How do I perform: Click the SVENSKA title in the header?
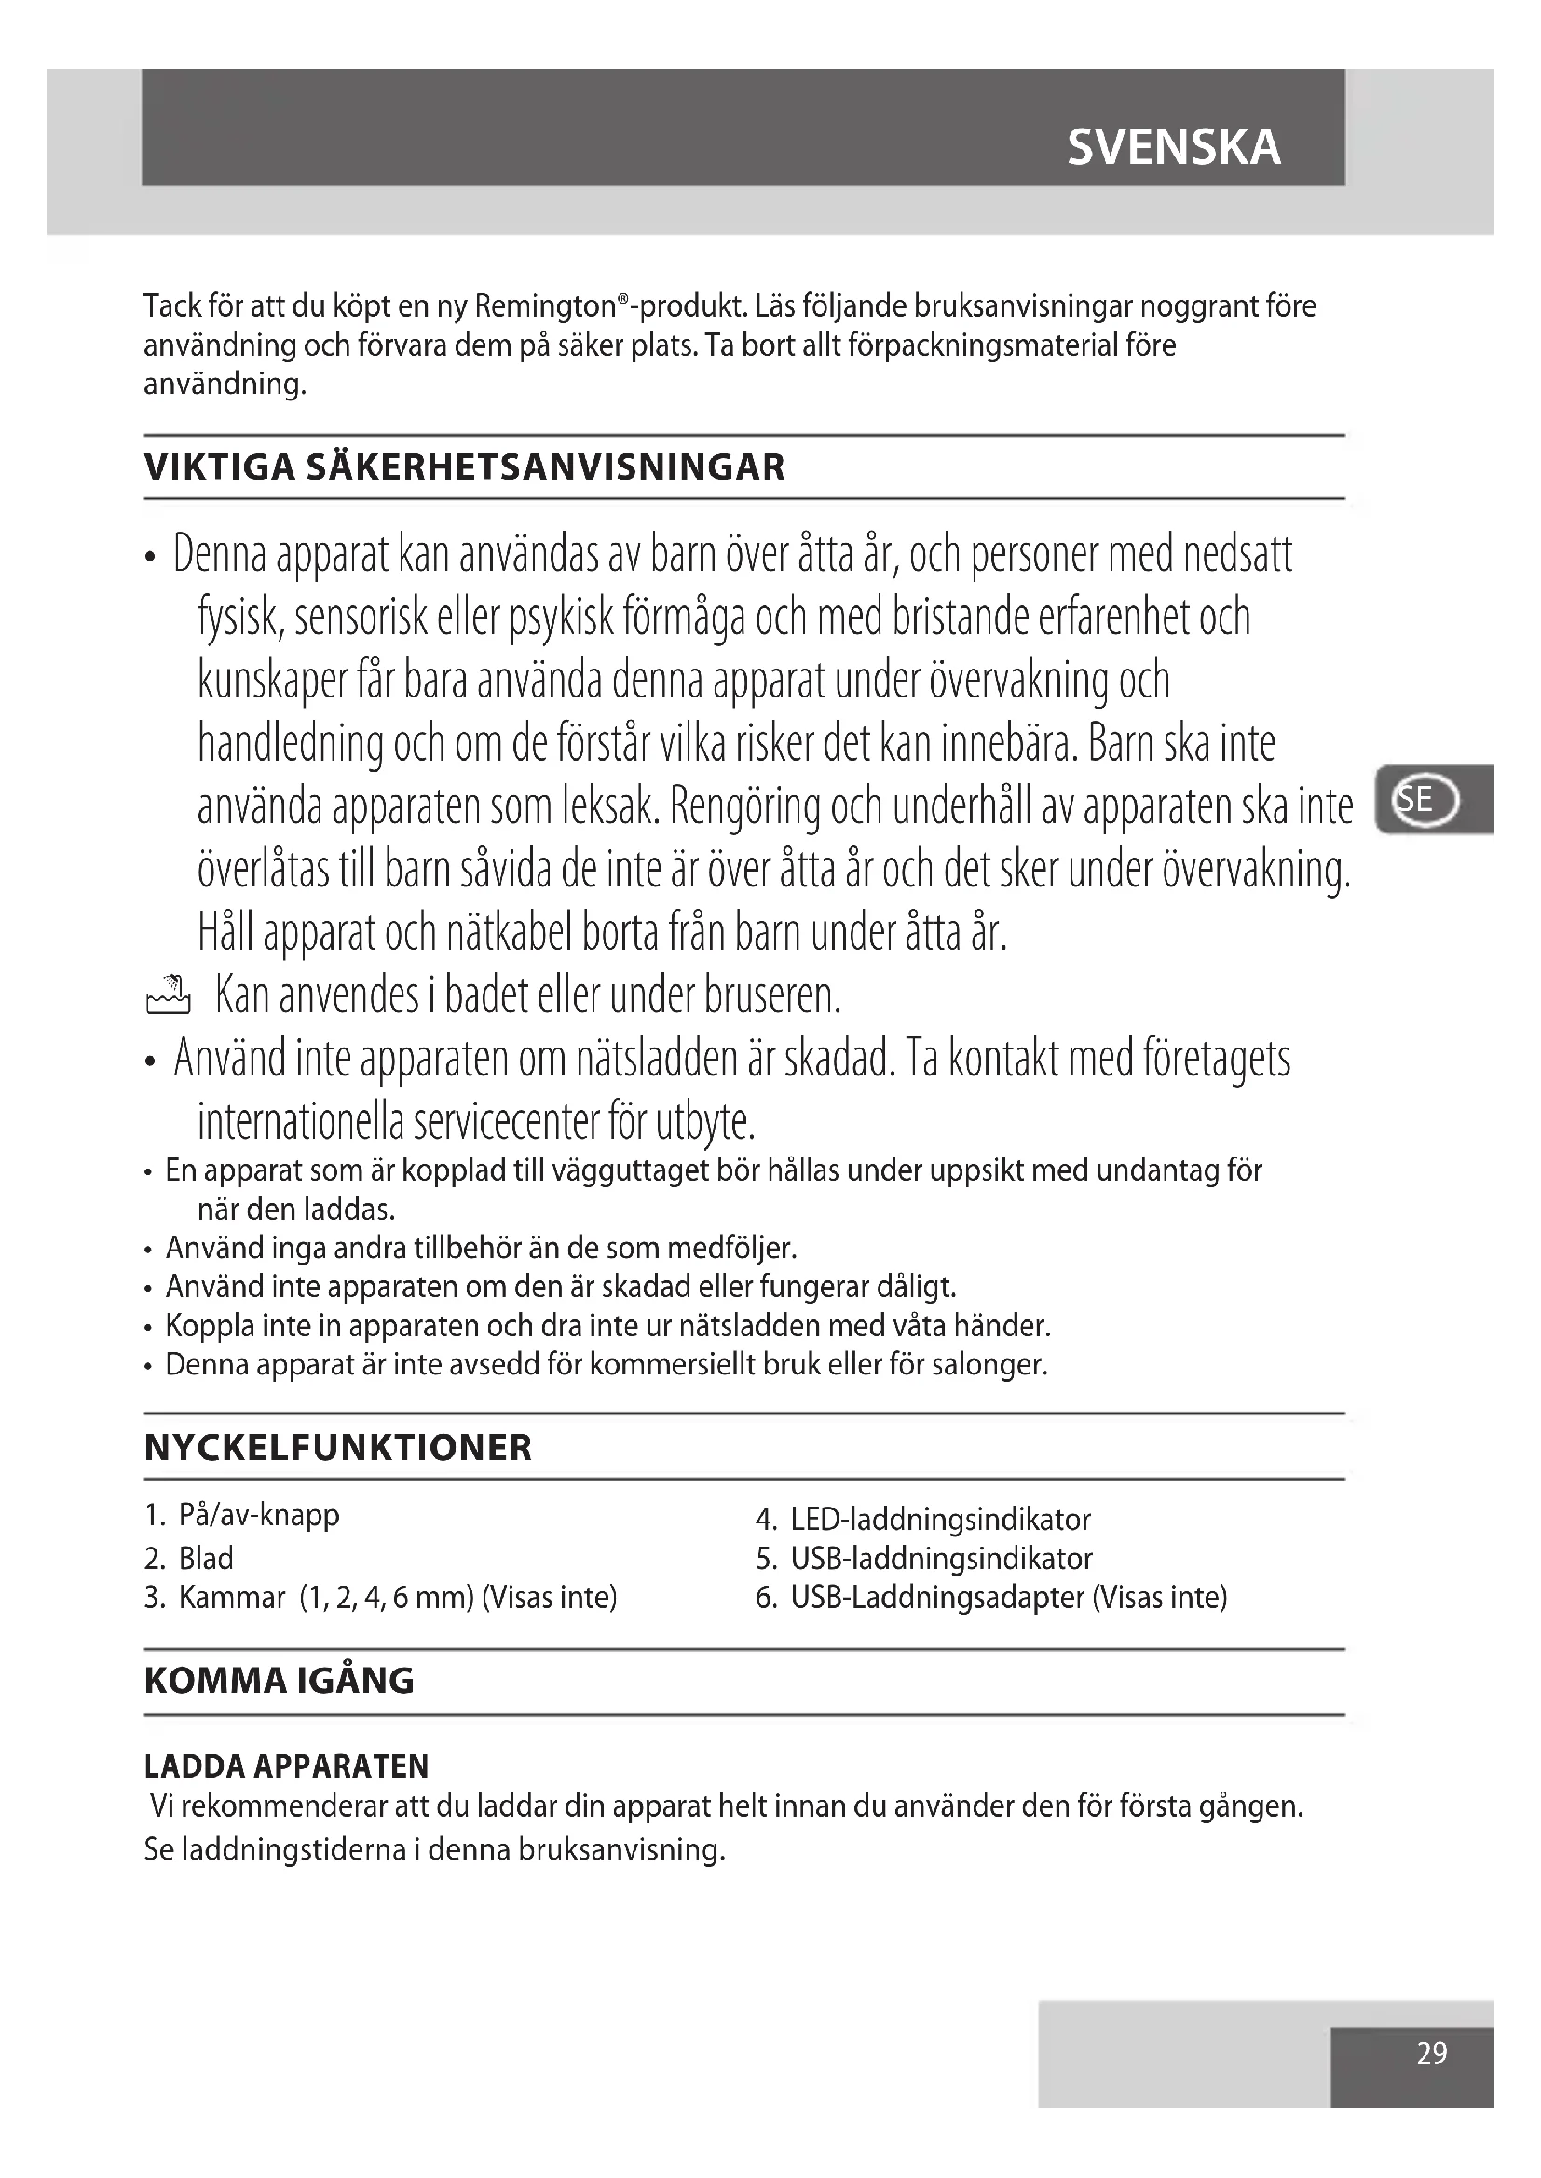tap(1174, 147)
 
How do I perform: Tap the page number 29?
tap(1431, 2054)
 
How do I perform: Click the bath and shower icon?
tap(168, 995)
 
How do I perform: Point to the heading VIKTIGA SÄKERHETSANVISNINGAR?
tap(464, 467)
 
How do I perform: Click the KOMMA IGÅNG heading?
tap(279, 1681)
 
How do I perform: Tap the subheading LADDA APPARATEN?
tap(287, 1766)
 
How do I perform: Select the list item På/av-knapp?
tap(258, 1515)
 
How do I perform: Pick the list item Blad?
tap(206, 1559)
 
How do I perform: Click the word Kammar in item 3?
tap(232, 1598)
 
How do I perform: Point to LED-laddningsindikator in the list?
tap(940, 1520)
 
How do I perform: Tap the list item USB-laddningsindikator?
tap(941, 1559)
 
